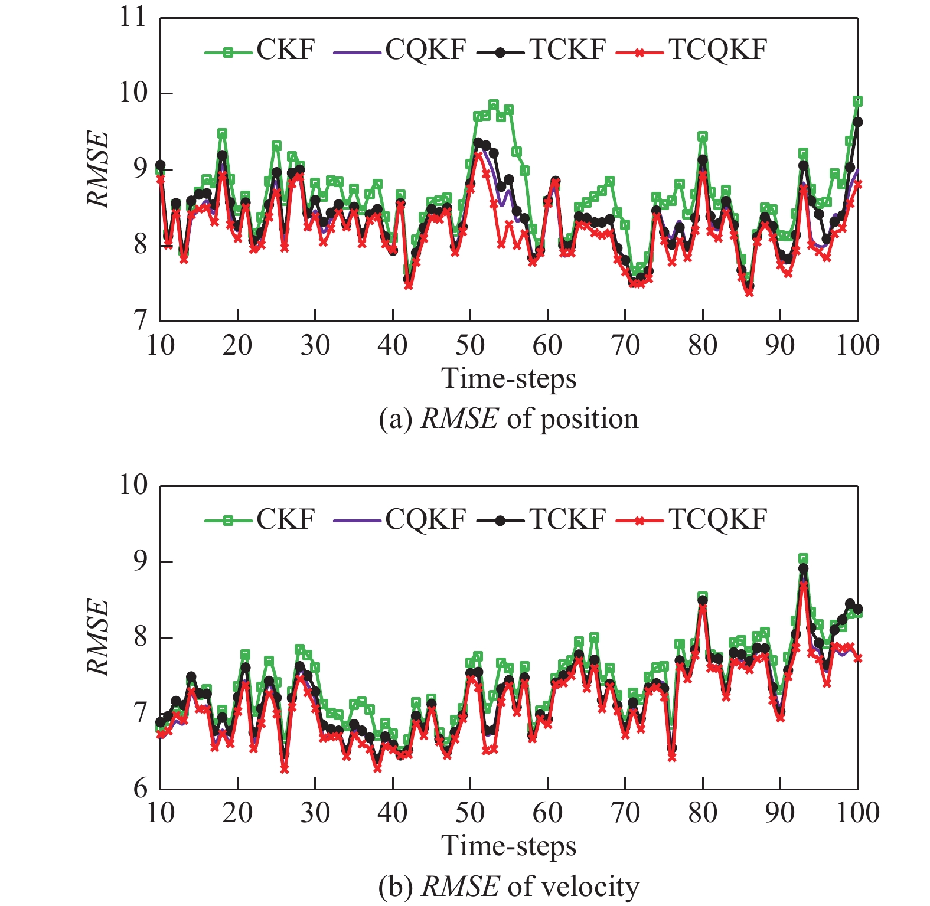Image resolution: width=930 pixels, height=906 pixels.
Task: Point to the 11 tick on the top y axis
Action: [132, 18]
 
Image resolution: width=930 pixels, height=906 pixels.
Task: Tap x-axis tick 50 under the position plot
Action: [470, 345]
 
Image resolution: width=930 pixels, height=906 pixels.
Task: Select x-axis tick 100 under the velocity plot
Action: [857, 813]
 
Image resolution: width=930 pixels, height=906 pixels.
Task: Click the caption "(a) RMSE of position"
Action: [508, 419]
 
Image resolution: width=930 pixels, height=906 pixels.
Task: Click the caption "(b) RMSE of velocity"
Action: [508, 887]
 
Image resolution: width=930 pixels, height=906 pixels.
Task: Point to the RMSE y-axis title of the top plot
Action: [98, 169]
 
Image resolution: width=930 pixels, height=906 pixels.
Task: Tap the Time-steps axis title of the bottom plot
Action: [508, 846]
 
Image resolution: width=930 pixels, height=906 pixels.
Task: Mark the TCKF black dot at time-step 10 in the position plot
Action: [160, 165]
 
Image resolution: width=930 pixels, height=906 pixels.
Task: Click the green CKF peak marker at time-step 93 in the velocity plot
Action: [803, 558]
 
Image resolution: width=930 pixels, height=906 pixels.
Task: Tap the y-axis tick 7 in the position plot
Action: [140, 320]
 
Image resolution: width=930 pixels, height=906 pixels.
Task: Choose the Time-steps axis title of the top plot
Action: [508, 378]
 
